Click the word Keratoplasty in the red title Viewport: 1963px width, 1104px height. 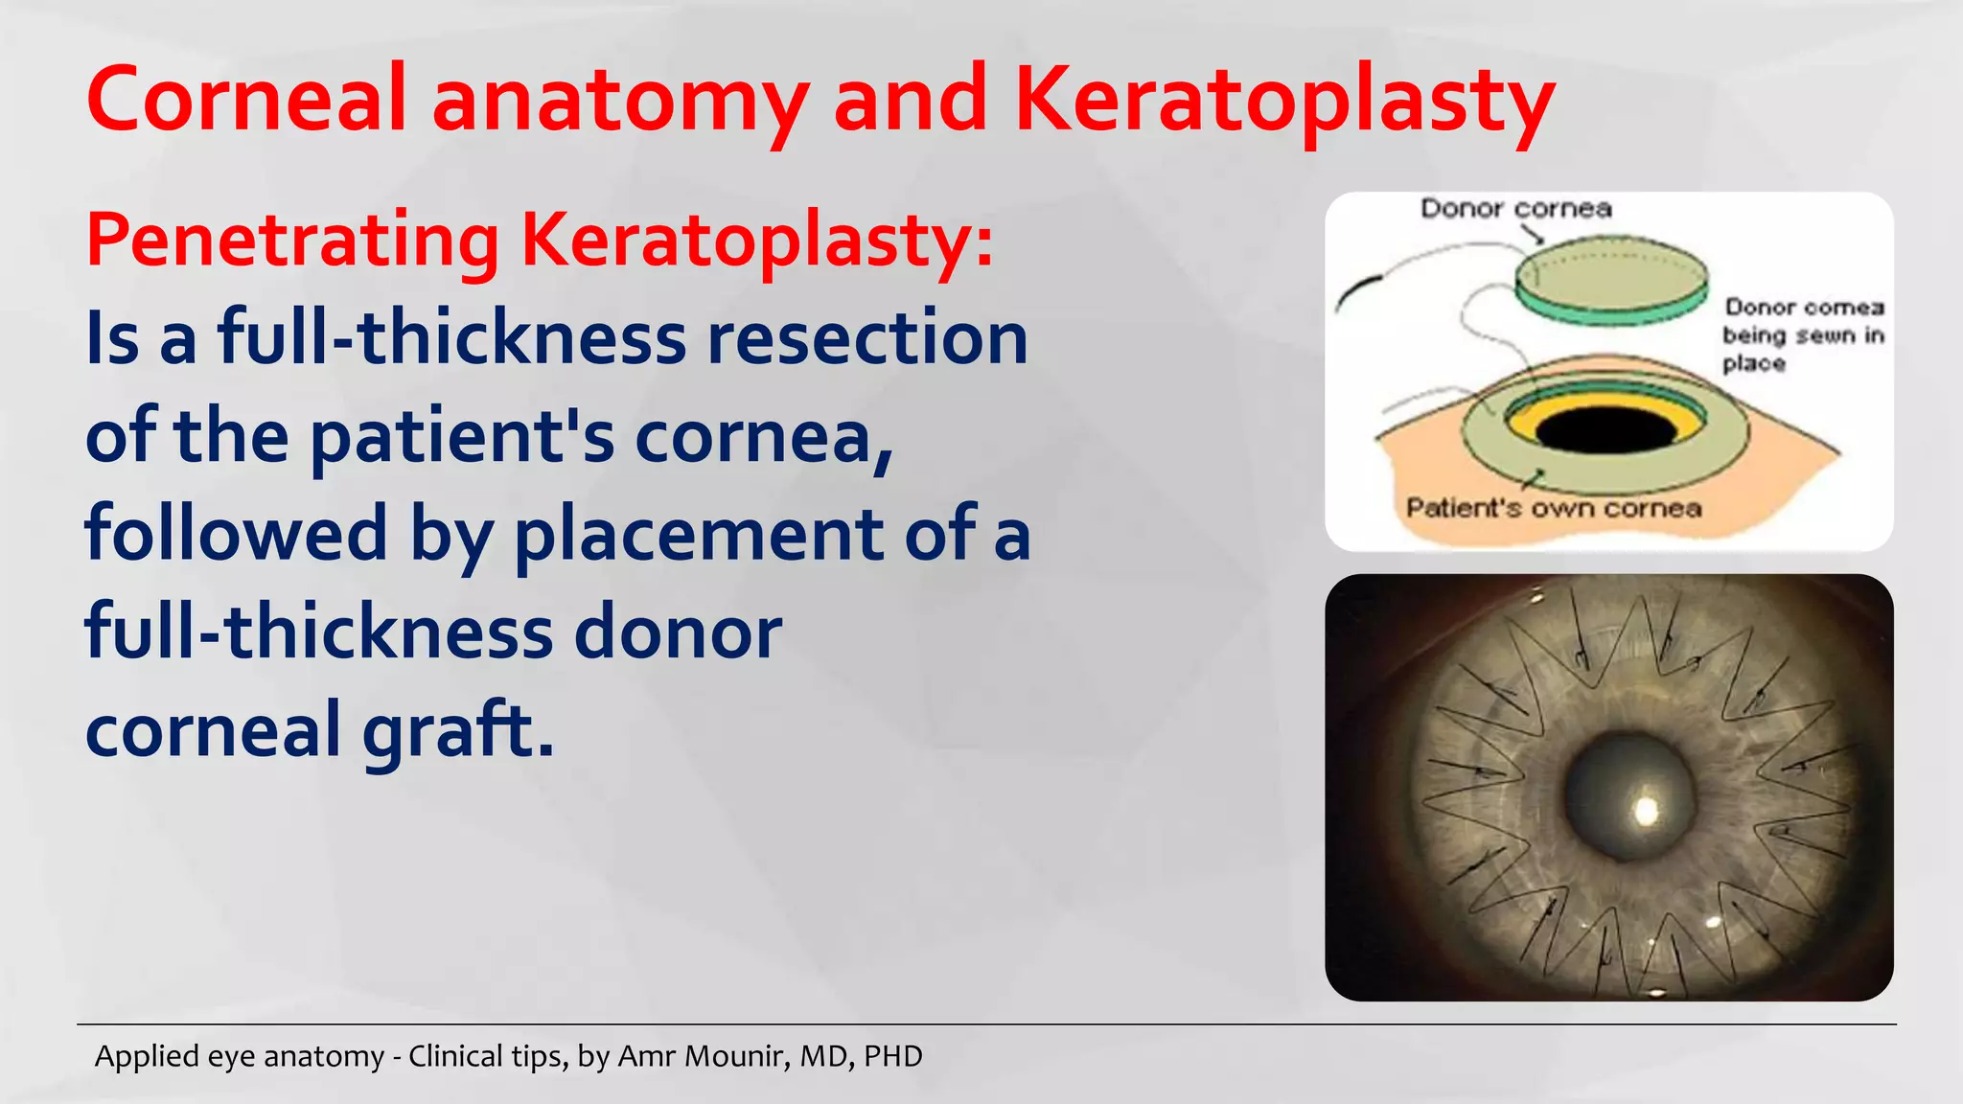coord(1284,102)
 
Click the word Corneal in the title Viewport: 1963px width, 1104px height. coord(247,100)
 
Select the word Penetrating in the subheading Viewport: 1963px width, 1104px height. coord(292,240)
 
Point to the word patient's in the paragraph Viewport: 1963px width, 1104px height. coord(462,437)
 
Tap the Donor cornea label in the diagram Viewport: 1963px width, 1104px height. coord(1515,209)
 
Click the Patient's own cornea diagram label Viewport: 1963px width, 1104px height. coord(1554,508)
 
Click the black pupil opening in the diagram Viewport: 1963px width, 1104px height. coord(1606,429)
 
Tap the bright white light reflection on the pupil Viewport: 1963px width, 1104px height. coord(1646,811)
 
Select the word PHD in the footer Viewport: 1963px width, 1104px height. coord(892,1056)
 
